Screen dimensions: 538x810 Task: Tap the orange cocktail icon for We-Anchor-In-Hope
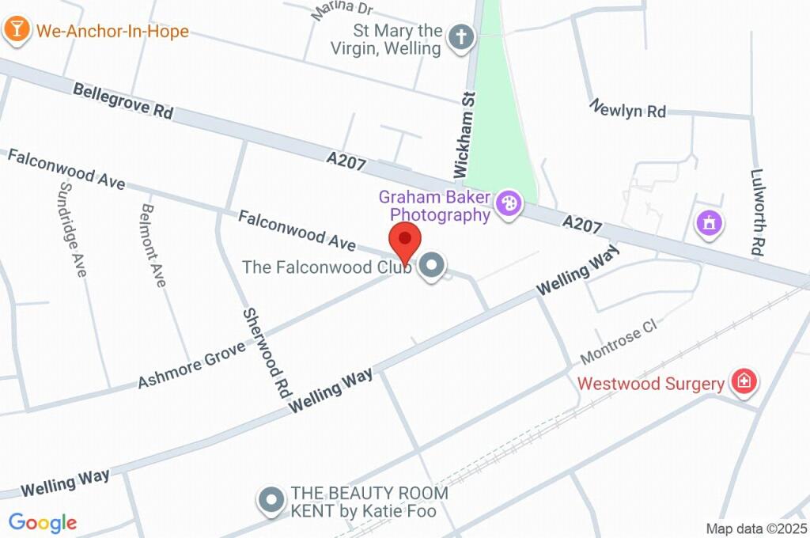coord(15,31)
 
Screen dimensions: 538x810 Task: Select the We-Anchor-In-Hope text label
coord(112,32)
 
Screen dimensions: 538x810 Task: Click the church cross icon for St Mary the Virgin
coord(460,37)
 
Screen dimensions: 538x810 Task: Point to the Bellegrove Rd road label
coord(123,101)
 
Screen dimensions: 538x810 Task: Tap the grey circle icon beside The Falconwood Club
coord(432,267)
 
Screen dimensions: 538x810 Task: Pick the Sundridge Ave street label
coord(71,229)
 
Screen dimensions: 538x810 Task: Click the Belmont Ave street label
coord(153,245)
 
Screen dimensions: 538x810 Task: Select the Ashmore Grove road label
coord(191,360)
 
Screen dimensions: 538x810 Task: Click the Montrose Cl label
coord(619,342)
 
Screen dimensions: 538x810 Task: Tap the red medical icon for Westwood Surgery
coord(744,384)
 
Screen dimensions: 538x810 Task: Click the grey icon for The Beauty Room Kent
coord(272,501)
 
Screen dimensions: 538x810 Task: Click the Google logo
coord(43,522)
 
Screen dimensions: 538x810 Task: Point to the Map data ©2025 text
coord(755,528)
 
